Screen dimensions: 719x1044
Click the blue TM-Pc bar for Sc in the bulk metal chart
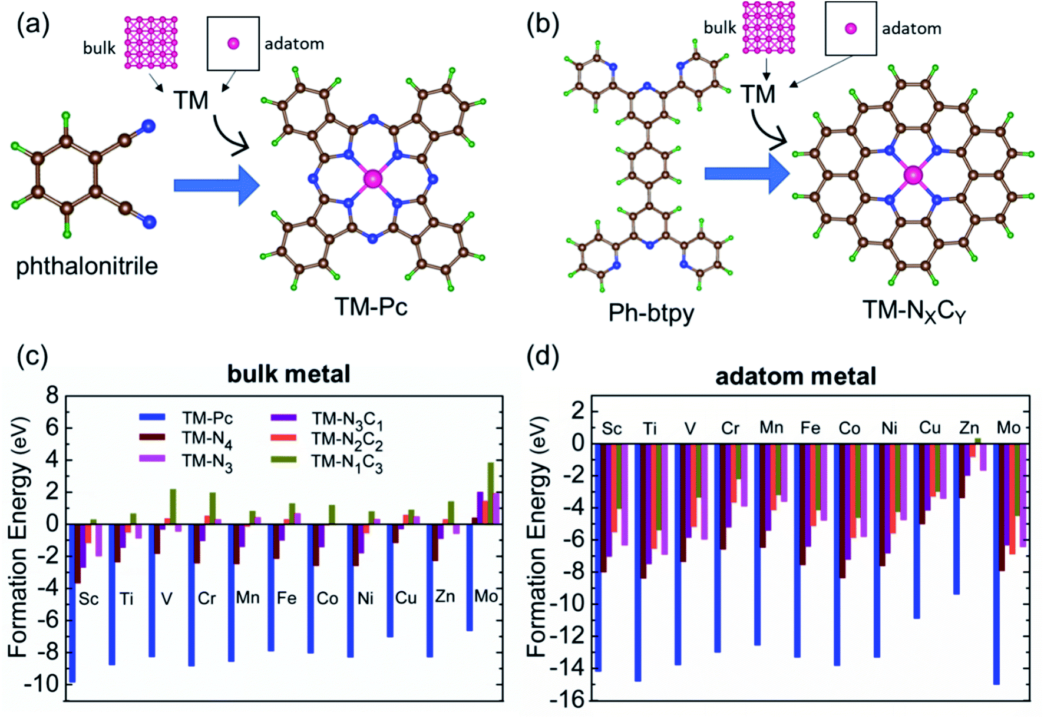tap(72, 601)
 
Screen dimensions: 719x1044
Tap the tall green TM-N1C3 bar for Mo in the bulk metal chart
tap(490, 493)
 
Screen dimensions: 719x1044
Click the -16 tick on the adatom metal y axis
tap(568, 700)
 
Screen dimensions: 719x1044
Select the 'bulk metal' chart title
tap(289, 374)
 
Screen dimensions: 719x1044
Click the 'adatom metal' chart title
tap(795, 376)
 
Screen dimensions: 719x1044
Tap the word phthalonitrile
tap(87, 266)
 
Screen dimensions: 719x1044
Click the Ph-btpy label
tap(651, 313)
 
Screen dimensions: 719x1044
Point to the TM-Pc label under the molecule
tap(371, 307)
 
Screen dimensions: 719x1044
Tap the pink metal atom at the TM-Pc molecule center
tap(372, 178)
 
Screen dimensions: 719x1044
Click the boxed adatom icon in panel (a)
tap(233, 44)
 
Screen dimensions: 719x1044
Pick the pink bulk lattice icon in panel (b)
tap(768, 27)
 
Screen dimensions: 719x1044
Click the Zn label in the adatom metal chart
tap(969, 428)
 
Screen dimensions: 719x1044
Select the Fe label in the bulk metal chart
tap(286, 598)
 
